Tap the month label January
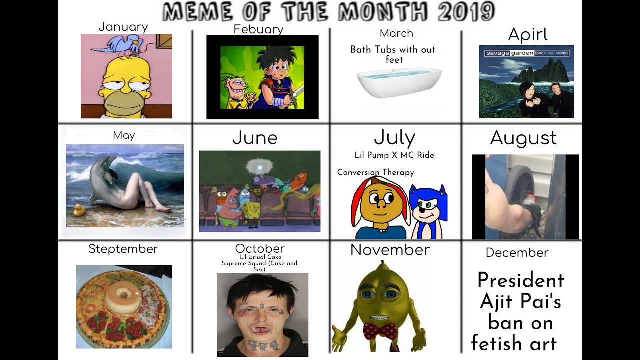[x=123, y=27]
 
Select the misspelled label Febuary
[x=258, y=29]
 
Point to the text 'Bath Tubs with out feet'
[x=393, y=54]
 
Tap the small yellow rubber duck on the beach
[x=79, y=210]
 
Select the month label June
[x=255, y=138]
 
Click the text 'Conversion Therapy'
[x=375, y=172]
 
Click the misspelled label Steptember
[x=123, y=249]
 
